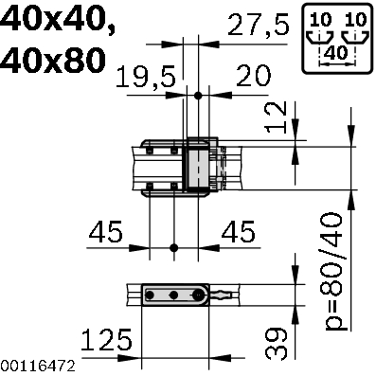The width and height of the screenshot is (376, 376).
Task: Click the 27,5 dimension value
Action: click(258, 26)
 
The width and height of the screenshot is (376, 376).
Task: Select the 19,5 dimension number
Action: click(146, 78)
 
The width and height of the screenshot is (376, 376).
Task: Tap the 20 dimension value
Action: click(253, 76)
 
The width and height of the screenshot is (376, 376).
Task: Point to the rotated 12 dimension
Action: click(277, 117)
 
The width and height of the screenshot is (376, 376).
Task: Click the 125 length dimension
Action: click(107, 340)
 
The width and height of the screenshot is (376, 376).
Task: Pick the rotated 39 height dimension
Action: click(277, 344)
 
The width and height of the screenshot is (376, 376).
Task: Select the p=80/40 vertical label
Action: click(333, 272)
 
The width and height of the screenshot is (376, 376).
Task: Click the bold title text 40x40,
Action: click(58, 20)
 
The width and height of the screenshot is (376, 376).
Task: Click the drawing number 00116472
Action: click(38, 367)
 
